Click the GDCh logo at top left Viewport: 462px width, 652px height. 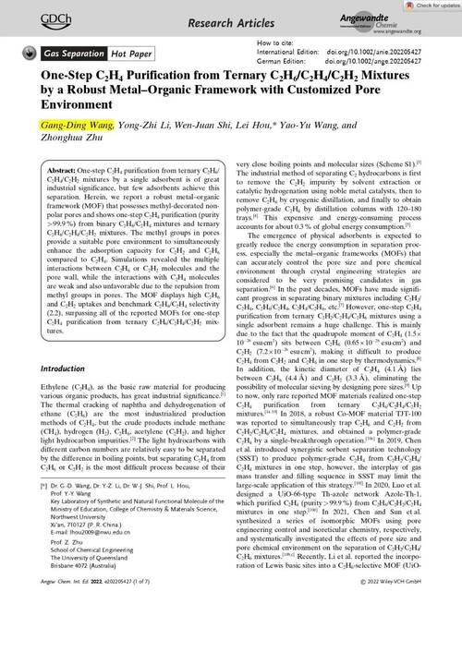coord(35,16)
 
